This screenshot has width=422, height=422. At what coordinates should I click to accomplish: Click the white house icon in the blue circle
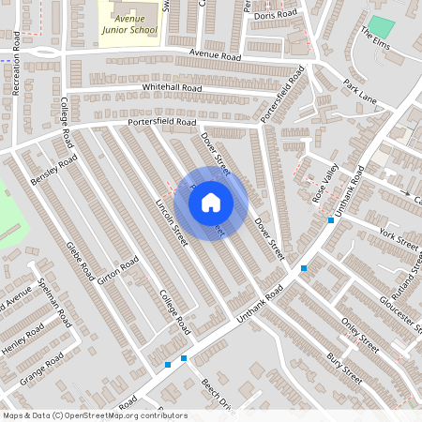pyautogui.click(x=211, y=203)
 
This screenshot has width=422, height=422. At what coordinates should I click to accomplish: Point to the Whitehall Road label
pyautogui.click(x=173, y=87)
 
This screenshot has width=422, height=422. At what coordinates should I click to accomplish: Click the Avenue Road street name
pyautogui.click(x=215, y=55)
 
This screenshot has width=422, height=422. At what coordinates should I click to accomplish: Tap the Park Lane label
pyautogui.click(x=359, y=91)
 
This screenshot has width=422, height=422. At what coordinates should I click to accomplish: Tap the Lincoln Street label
pyautogui.click(x=172, y=222)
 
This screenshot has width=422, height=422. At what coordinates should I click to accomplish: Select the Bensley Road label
pyautogui.click(x=53, y=171)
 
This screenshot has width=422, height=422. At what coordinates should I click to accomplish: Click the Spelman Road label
pyautogui.click(x=55, y=306)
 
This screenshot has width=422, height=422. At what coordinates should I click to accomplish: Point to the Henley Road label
pyautogui.click(x=23, y=339)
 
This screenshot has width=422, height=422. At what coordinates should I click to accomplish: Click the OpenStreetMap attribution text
pyautogui.click(x=95, y=415)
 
